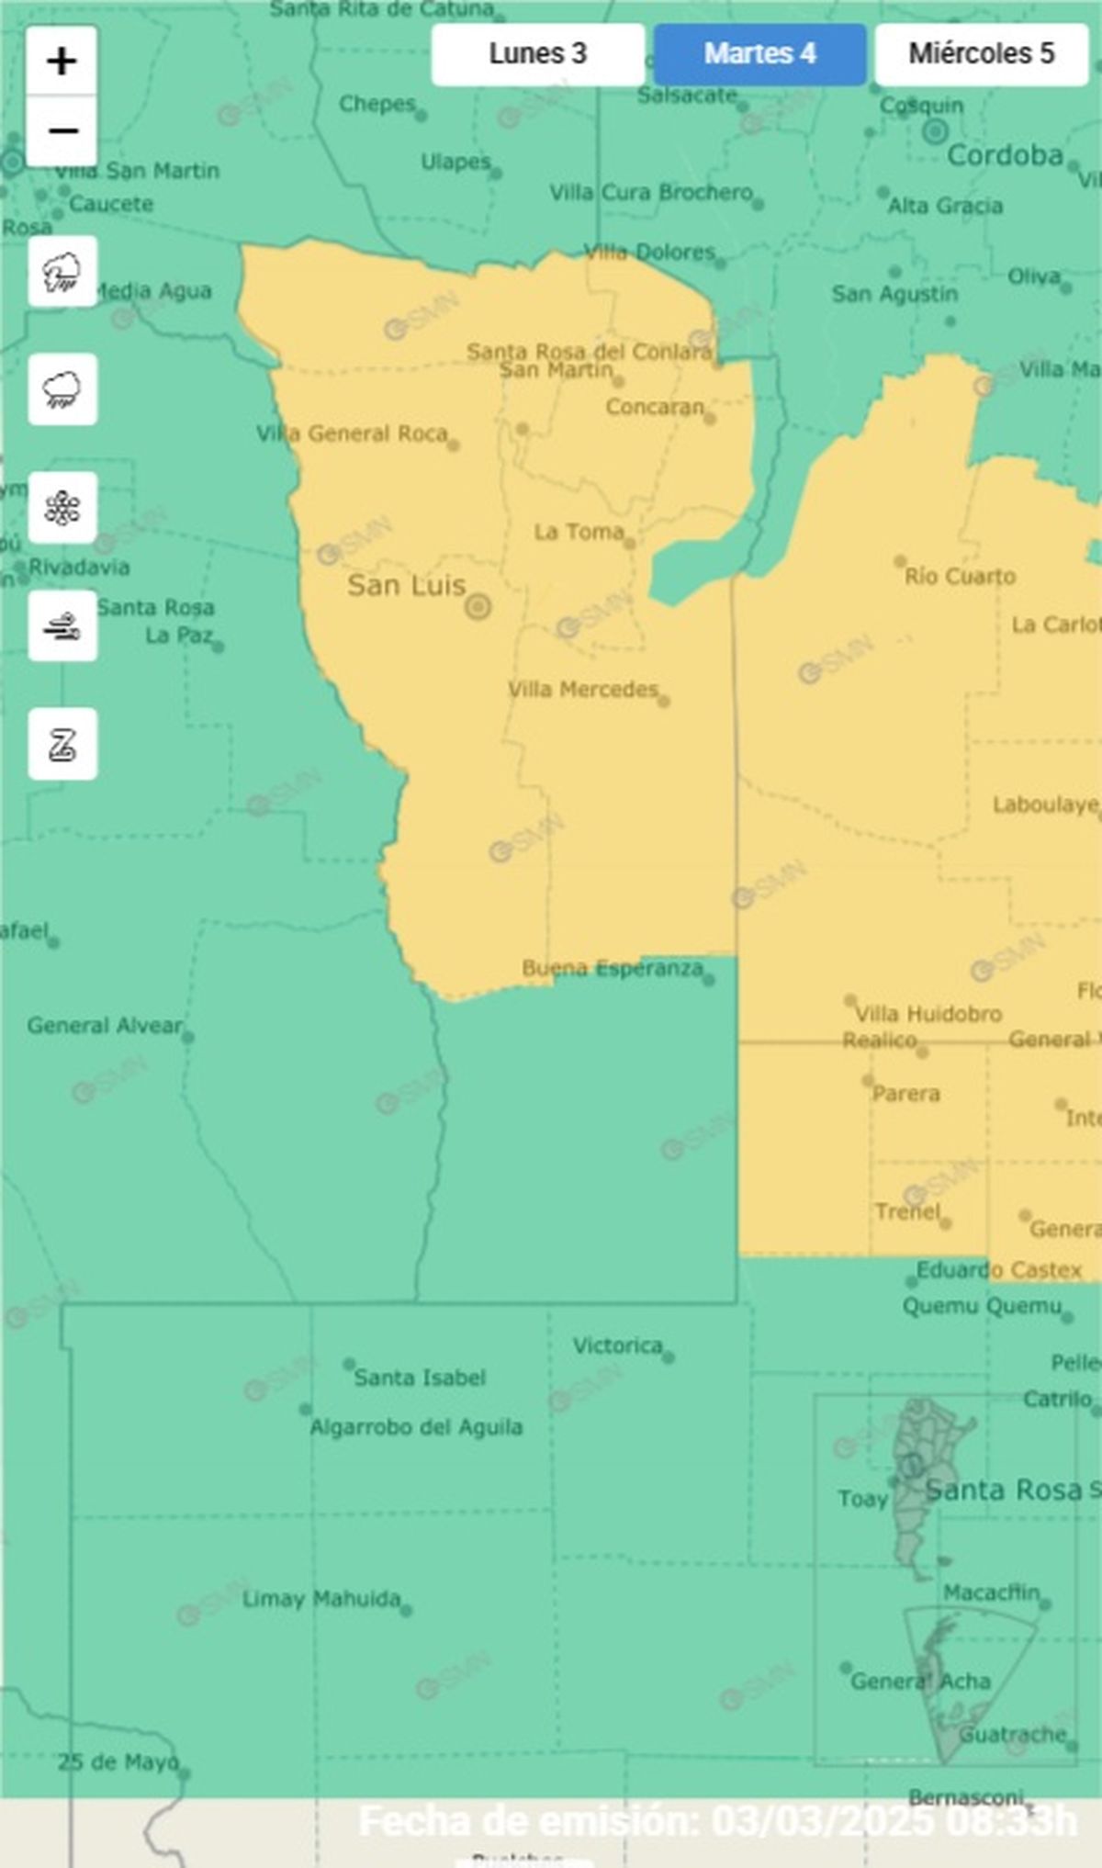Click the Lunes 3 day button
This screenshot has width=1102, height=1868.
pos(537,54)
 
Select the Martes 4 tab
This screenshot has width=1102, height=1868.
pos(759,54)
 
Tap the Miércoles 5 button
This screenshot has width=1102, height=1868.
pos(981,54)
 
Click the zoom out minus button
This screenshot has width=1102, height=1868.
pos(62,131)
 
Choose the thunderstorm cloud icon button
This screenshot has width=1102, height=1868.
pos(62,272)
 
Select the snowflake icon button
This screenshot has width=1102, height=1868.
pos(62,508)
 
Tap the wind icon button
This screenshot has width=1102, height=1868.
pos(62,626)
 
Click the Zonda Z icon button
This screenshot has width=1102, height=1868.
pos(62,744)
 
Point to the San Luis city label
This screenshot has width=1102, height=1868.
pos(406,586)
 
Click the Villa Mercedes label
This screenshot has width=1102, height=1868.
pos(583,690)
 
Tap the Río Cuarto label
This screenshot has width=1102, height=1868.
pos(960,577)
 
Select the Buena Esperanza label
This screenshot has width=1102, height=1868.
pos(613,968)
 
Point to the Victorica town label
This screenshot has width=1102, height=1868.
pos(617,1345)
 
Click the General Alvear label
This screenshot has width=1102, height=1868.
pos(105,1025)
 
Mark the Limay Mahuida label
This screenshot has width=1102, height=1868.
pos(321,1599)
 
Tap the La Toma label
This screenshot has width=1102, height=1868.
pos(579,532)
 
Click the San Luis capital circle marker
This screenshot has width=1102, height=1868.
pos(478,606)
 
